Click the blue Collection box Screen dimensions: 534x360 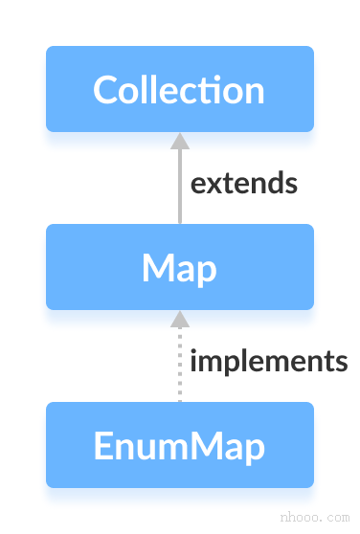tap(180, 89)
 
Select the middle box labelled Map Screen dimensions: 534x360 tap(180, 267)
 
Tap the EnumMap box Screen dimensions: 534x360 tap(180, 445)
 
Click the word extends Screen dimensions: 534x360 tap(243, 183)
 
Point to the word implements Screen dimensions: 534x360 tap(268, 361)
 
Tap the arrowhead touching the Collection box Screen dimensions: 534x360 tap(180, 141)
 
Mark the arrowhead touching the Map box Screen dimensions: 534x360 tap(180, 319)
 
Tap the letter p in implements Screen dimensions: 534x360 tap(222, 364)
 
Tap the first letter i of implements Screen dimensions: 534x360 tap(193, 361)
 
